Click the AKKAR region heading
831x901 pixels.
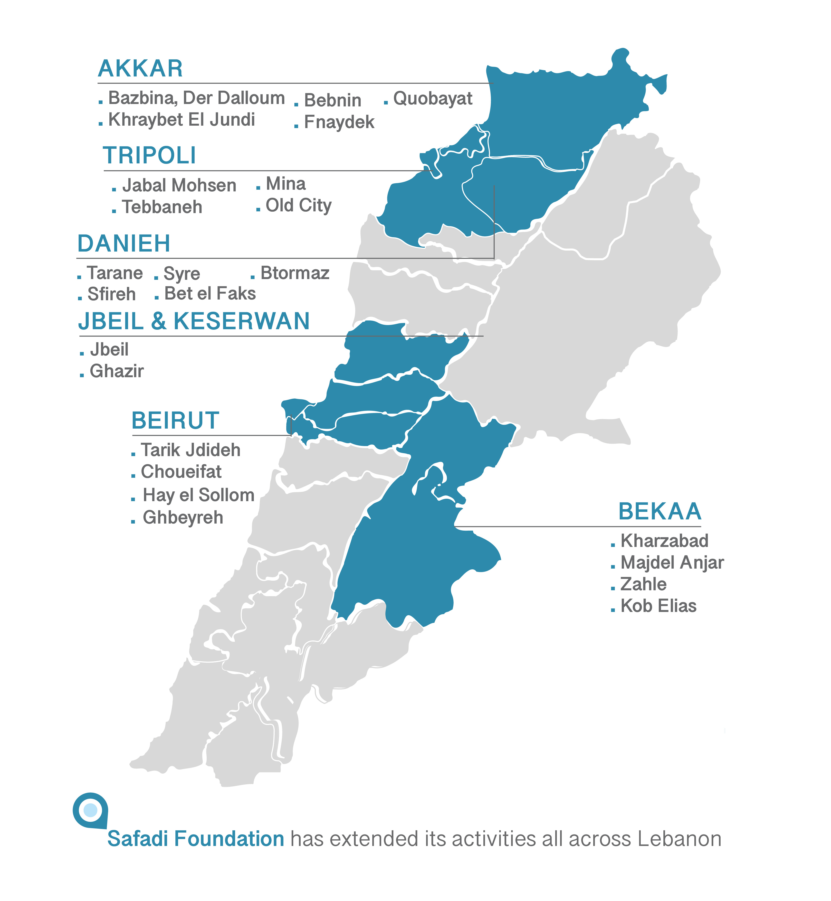click(140, 69)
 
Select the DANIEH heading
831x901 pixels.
click(124, 244)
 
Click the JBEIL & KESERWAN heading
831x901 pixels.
click(194, 321)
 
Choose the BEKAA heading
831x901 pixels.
click(660, 511)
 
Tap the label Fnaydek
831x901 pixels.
click(339, 122)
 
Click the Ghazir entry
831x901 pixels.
click(116, 371)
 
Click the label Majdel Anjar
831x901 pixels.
click(672, 563)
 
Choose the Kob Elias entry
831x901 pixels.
click(658, 606)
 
